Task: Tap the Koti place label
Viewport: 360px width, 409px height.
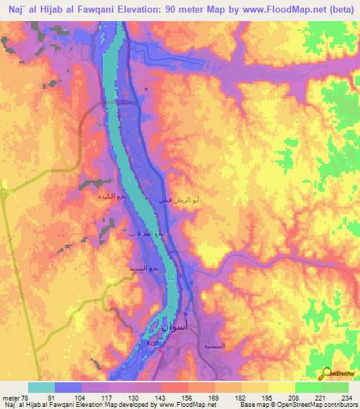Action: (x=154, y=343)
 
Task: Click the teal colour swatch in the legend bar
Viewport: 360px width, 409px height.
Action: (x=41, y=387)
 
